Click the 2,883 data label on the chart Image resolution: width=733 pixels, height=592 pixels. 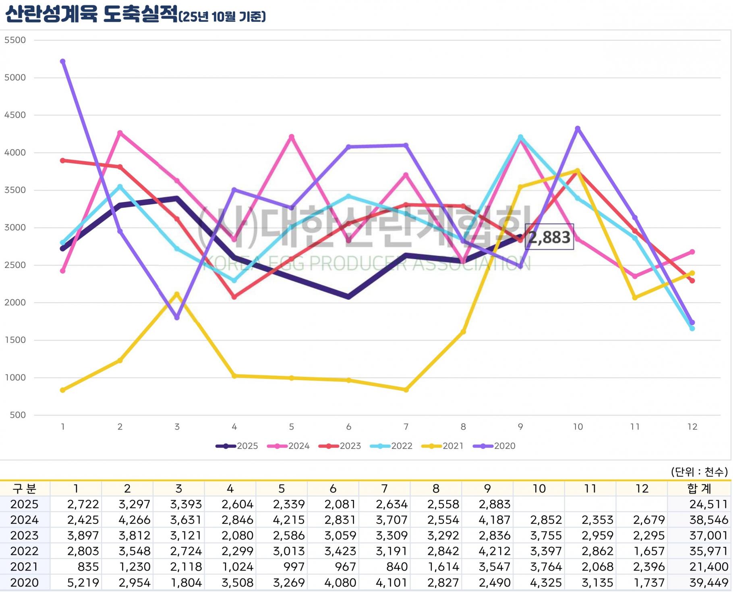point(549,237)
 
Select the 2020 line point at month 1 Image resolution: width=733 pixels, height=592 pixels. point(63,62)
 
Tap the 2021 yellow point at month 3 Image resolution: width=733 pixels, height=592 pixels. point(177,294)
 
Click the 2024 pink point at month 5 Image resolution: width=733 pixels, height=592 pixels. point(292,137)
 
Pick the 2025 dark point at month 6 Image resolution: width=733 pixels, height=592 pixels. point(349,297)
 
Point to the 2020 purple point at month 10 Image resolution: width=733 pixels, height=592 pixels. point(578,129)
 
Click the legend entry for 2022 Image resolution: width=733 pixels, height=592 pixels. point(391,446)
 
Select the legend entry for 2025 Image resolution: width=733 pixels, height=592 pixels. point(237,446)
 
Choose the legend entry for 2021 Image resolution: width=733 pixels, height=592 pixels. point(442,446)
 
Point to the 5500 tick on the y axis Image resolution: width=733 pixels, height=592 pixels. point(15,40)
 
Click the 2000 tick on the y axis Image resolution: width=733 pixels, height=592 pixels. point(15,303)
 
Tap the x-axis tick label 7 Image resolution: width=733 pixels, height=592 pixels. point(406,427)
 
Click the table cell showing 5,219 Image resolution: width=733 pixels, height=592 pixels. point(83,583)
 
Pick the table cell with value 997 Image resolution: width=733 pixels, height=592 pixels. point(293,567)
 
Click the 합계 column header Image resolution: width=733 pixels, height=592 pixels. point(699,489)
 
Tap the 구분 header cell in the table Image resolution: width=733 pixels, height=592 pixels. point(24,489)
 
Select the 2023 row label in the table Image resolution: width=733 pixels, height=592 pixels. point(24,536)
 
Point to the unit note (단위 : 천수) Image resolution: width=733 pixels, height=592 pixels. point(699,472)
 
